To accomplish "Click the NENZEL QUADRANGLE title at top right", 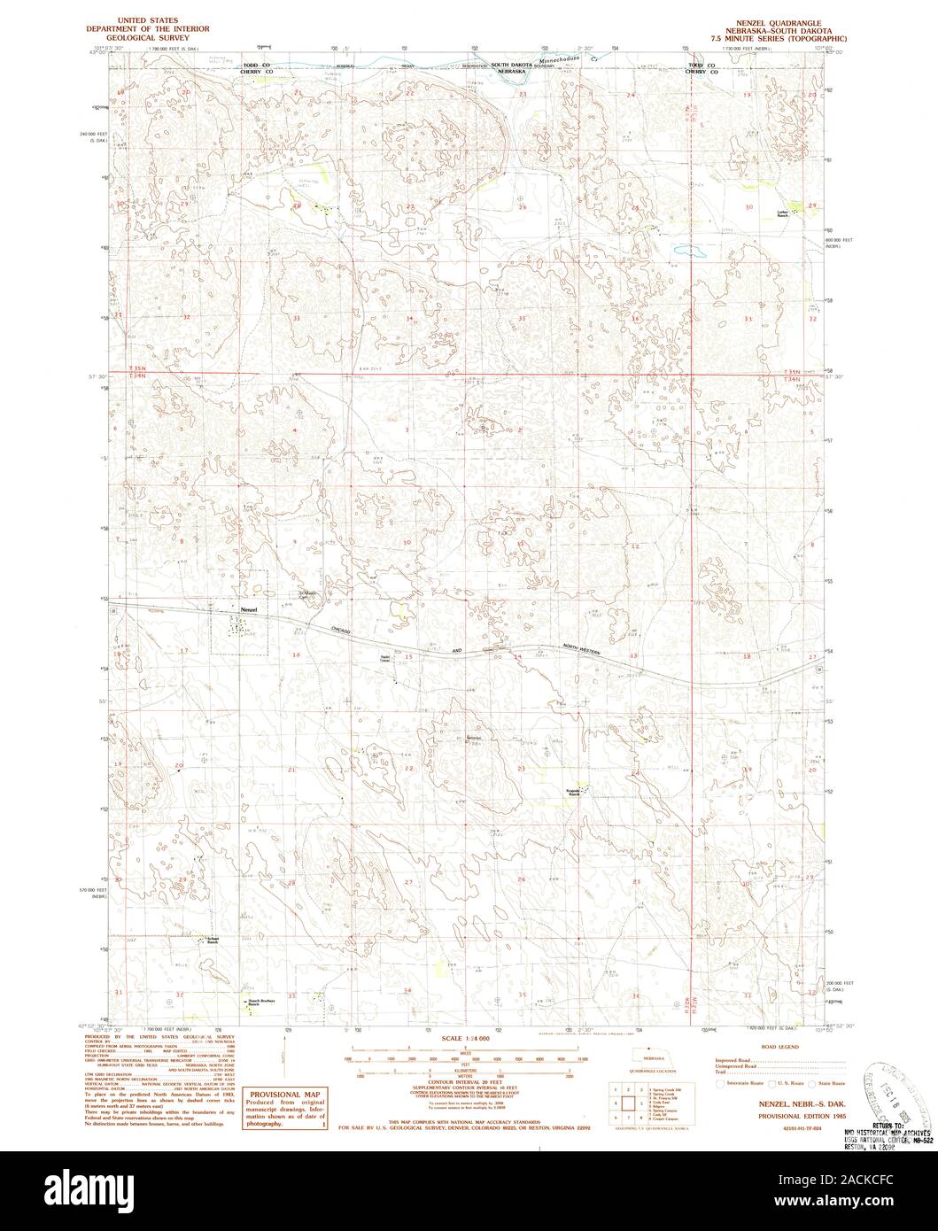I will [771, 20].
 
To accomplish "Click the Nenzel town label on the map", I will [248, 611].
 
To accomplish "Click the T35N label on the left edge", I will [137, 368].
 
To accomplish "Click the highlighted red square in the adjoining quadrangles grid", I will [629, 1103].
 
